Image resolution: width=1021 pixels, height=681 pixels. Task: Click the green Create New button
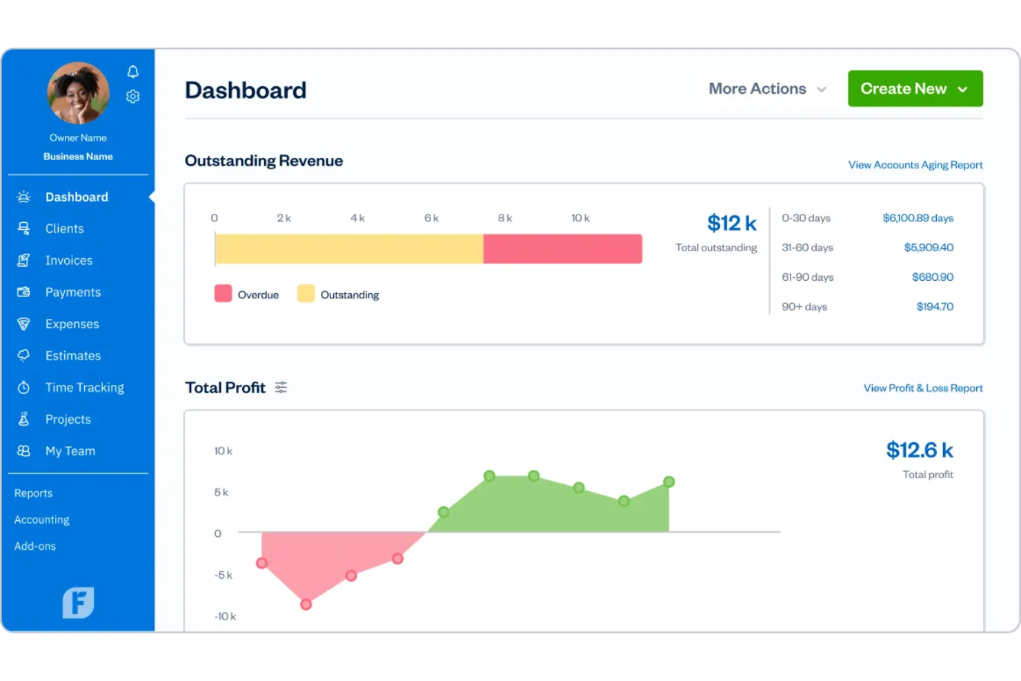(915, 89)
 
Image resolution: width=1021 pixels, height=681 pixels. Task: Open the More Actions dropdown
(767, 89)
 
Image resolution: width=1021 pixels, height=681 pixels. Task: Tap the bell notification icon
(133, 72)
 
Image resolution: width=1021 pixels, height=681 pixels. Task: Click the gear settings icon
(133, 97)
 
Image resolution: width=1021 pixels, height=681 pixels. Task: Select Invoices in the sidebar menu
(68, 261)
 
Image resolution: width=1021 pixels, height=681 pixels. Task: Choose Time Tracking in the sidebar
(84, 388)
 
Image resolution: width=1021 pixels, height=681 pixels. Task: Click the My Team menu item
(70, 451)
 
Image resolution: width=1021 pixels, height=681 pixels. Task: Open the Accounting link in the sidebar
(42, 520)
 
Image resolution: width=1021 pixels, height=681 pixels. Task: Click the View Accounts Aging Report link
(915, 165)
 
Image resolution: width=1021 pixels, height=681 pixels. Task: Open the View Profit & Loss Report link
(922, 388)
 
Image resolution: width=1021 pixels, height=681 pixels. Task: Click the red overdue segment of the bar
(562, 249)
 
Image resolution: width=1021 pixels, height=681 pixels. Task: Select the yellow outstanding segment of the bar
(348, 249)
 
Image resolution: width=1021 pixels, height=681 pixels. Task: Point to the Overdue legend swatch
(223, 294)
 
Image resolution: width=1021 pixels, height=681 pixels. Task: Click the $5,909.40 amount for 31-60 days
(928, 248)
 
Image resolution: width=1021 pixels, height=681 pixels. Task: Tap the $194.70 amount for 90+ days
(934, 307)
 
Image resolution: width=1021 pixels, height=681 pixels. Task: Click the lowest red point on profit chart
(306, 604)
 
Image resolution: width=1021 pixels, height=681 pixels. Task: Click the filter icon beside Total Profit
(281, 388)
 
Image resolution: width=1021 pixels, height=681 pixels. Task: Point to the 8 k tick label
(505, 218)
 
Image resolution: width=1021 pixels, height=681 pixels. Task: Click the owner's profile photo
(78, 93)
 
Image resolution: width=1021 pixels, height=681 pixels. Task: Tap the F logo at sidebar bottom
(78, 602)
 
